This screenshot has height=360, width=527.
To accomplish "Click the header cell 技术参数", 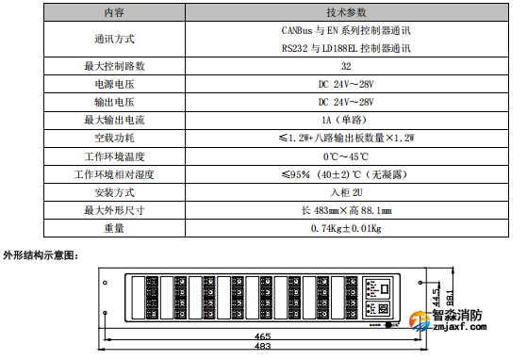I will click(345, 13).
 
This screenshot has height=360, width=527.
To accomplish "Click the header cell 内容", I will click(113, 13).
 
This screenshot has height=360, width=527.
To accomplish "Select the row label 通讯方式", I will click(113, 39).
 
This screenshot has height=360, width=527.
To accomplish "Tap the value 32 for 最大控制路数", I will click(346, 66).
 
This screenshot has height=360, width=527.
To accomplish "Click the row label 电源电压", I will click(113, 84).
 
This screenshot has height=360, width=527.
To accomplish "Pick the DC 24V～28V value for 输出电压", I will click(346, 102).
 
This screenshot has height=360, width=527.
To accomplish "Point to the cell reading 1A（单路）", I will click(346, 120).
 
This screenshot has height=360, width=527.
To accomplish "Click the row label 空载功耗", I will click(113, 138).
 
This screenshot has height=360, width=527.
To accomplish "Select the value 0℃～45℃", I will click(346, 155).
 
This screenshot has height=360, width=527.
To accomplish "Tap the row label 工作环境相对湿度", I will click(113, 174).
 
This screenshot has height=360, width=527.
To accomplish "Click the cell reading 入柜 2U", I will click(346, 192).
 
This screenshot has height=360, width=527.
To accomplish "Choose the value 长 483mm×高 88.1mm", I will click(346, 210).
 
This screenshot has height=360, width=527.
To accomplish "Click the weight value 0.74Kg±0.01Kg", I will click(346, 228).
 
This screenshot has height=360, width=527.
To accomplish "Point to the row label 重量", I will click(113, 228).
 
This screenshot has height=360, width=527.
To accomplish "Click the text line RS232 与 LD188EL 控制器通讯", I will click(346, 47).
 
